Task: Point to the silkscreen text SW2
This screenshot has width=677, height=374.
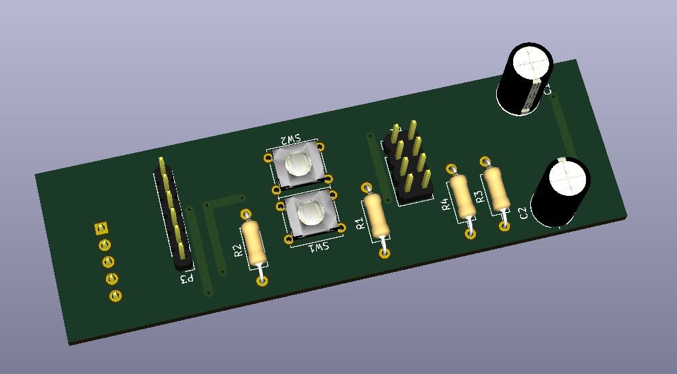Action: (288, 139)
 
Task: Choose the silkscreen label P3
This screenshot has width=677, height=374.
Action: (186, 278)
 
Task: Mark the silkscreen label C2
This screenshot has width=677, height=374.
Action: (523, 213)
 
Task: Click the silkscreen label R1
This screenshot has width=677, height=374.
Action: (360, 222)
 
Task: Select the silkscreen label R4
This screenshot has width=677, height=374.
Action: (445, 204)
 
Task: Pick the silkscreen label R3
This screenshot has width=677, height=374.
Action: (479, 197)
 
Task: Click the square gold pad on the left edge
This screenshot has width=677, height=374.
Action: (101, 228)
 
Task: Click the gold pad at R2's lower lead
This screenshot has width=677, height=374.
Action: (262, 280)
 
